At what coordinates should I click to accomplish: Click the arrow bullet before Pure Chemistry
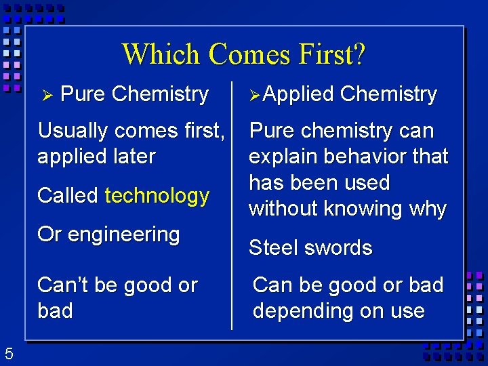point(47,95)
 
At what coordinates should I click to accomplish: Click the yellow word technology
point(157,196)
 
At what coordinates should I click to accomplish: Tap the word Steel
point(270,248)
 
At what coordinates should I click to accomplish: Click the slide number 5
point(9,353)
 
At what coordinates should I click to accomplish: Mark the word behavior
point(369,157)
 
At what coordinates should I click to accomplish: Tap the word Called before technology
point(68,196)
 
